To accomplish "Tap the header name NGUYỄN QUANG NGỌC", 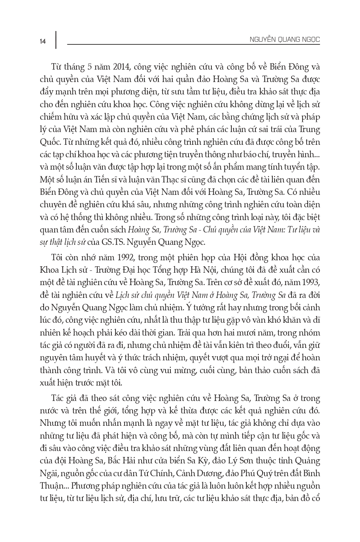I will [285, 39].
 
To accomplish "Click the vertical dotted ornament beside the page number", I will [56, 40].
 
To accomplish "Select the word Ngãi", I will [49, 473].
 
